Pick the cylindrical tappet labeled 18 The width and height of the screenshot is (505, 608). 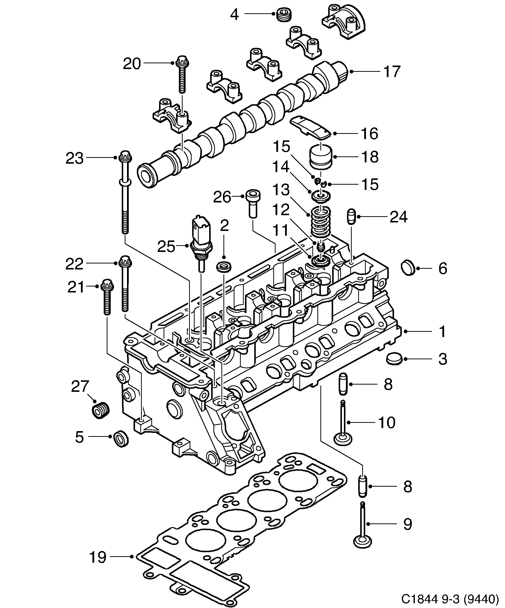(x=321, y=156)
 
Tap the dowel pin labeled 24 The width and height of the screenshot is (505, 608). (x=351, y=217)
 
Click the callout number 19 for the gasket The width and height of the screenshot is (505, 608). (x=98, y=557)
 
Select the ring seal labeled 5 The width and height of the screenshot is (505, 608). (x=121, y=439)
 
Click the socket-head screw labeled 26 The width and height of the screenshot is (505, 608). (x=253, y=203)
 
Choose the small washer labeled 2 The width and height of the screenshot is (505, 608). (x=224, y=266)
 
